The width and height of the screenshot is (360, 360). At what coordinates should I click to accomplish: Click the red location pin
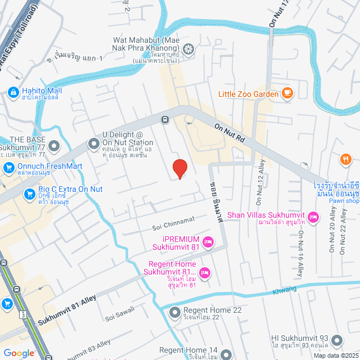(x=179, y=168)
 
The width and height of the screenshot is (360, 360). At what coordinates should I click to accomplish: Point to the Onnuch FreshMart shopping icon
(x=8, y=166)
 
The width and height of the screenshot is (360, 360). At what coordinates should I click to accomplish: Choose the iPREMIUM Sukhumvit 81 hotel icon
(x=208, y=242)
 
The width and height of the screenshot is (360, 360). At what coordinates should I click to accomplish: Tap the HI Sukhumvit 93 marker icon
(x=337, y=340)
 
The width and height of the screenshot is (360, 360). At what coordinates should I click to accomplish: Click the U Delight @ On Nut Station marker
(x=93, y=145)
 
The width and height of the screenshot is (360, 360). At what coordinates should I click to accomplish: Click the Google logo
(x=18, y=353)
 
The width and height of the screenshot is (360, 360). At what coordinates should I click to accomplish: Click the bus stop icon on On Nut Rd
(x=165, y=119)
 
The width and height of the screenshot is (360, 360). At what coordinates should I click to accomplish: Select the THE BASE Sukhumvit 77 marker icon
(x=54, y=147)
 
